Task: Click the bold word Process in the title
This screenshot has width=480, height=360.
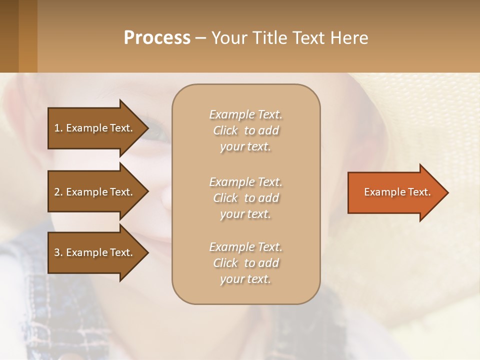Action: click(x=157, y=37)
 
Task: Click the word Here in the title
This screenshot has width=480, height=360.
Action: click(x=349, y=37)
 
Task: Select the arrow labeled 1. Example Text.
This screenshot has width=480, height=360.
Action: click(x=95, y=128)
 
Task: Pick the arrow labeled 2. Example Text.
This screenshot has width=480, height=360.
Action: click(x=95, y=192)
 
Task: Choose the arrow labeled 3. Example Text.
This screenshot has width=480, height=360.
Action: click(x=95, y=252)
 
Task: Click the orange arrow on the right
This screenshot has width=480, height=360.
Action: click(x=395, y=192)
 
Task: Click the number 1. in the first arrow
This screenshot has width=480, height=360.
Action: click(x=58, y=128)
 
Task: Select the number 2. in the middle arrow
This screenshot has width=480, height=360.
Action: click(x=58, y=192)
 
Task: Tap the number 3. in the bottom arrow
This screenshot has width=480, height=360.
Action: click(x=58, y=252)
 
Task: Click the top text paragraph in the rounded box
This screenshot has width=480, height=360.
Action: click(x=245, y=130)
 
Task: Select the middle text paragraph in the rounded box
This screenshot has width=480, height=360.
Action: click(x=245, y=197)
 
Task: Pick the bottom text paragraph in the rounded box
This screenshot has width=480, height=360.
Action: click(x=245, y=263)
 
